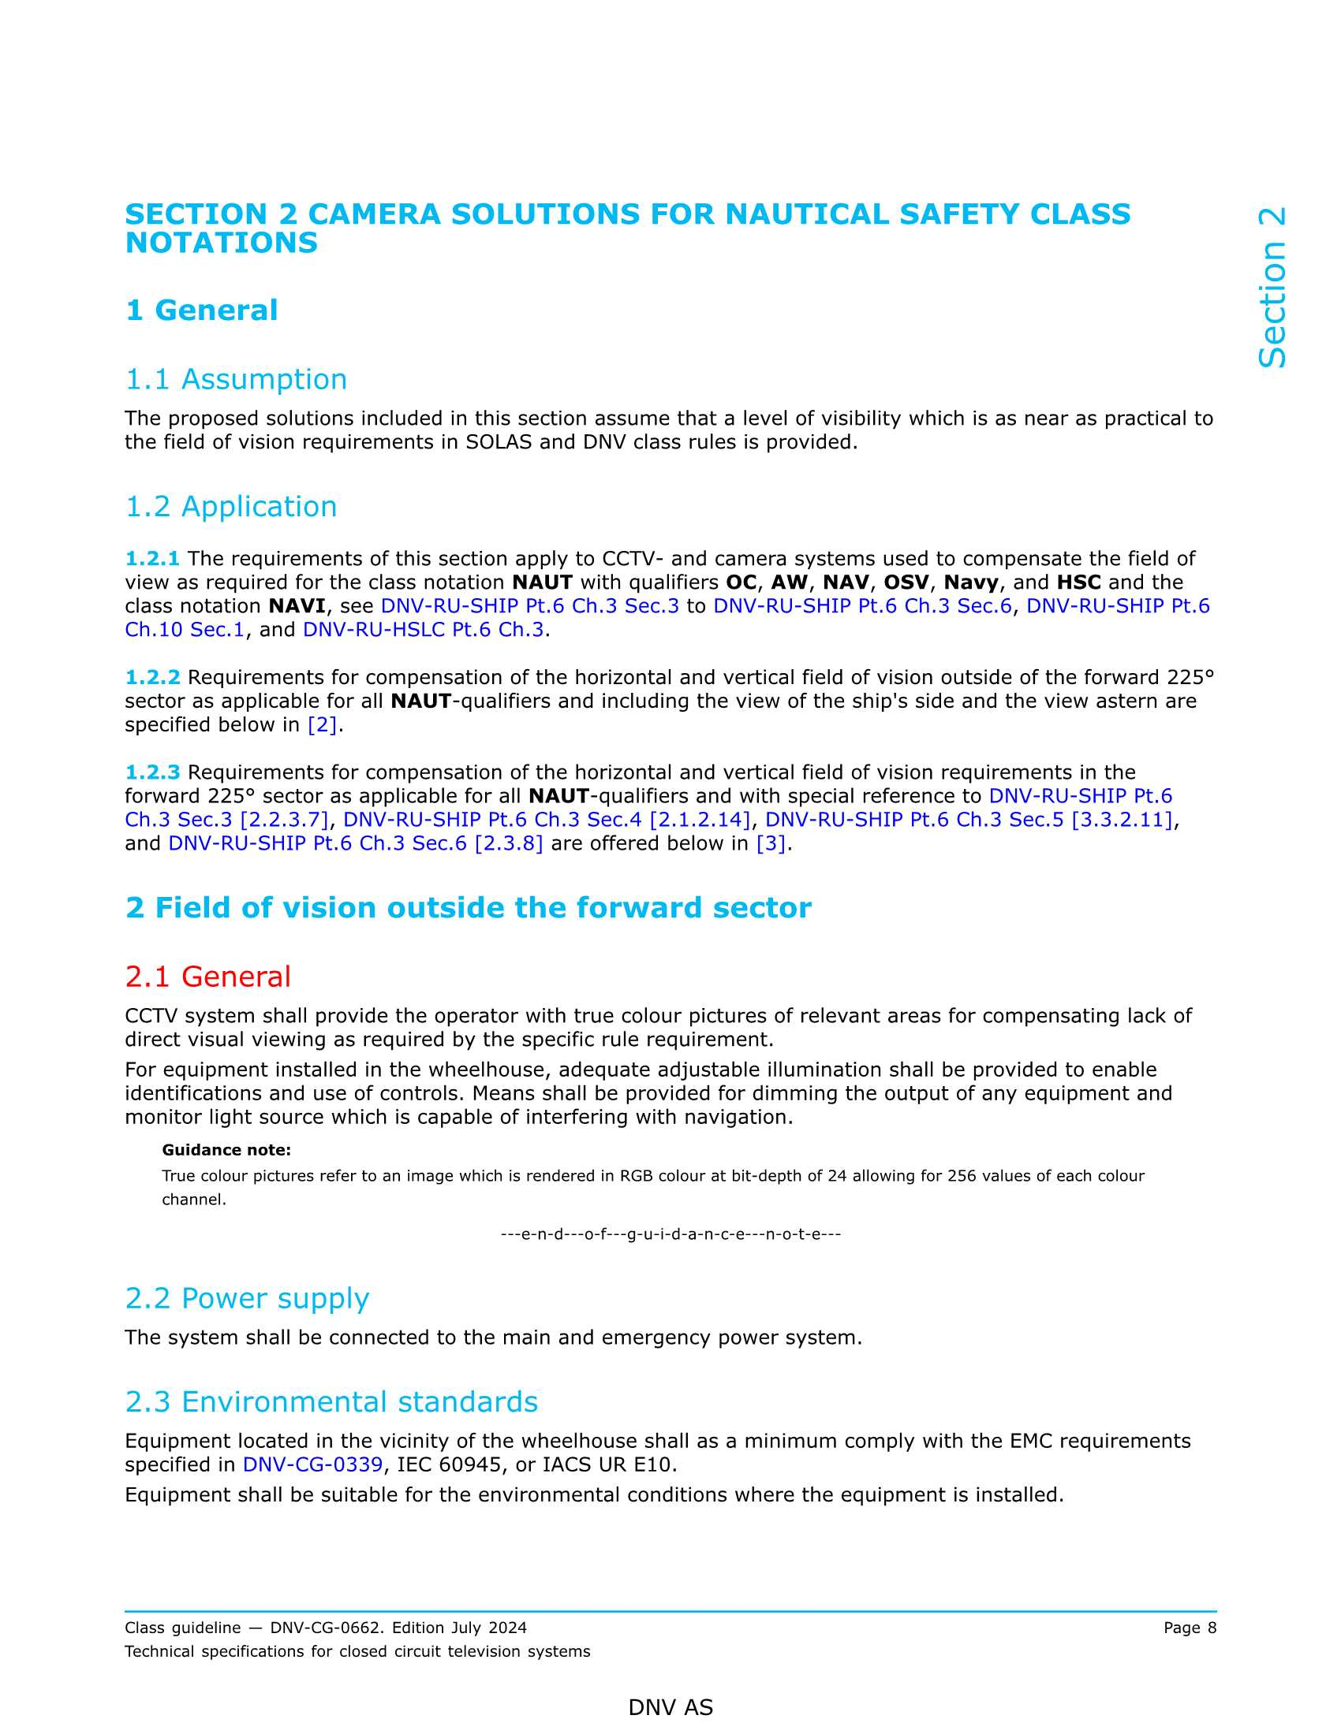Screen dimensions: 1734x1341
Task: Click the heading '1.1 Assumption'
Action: pyautogui.click(x=236, y=380)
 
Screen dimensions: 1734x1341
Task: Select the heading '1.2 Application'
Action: pyautogui.click(x=231, y=507)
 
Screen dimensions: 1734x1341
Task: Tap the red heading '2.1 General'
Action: pyautogui.click(x=208, y=977)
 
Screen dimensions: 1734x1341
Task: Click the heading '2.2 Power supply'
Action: pyautogui.click(x=247, y=1298)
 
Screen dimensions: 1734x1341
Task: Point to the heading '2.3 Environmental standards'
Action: pyautogui.click(x=331, y=1401)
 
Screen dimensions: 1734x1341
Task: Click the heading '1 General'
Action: pyautogui.click(x=202, y=310)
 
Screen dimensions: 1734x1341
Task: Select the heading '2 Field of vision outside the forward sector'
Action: pyautogui.click(x=468, y=907)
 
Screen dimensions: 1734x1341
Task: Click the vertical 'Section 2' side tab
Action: pyautogui.click(x=1271, y=288)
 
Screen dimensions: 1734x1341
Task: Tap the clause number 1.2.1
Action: pyautogui.click(x=152, y=559)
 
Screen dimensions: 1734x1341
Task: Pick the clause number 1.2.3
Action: pyautogui.click(x=152, y=772)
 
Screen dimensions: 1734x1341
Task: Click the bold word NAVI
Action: pyautogui.click(x=297, y=606)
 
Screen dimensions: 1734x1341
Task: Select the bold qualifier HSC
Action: pyautogui.click(x=1078, y=582)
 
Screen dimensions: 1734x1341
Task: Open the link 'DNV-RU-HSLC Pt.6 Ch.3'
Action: pyautogui.click(x=424, y=630)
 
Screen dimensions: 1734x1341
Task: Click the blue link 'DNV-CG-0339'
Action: pyautogui.click(x=312, y=1464)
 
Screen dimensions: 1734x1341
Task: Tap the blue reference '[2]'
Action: pyautogui.click(x=322, y=725)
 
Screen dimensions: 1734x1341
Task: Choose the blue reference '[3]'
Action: pyautogui.click(x=770, y=843)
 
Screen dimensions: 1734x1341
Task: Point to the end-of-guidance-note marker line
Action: pyautogui.click(x=670, y=1234)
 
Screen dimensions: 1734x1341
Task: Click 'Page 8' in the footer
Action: pyautogui.click(x=1190, y=1628)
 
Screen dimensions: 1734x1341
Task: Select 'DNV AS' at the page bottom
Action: pyautogui.click(x=670, y=1707)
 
